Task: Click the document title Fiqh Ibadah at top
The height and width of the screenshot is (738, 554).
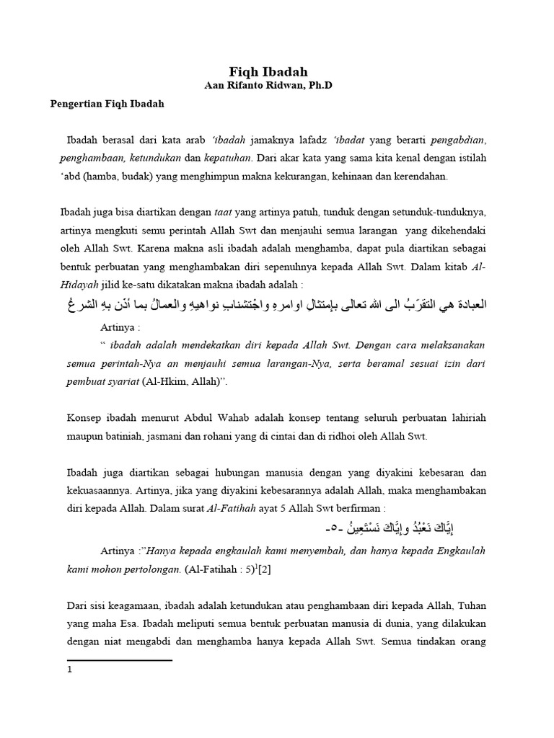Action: coord(268,71)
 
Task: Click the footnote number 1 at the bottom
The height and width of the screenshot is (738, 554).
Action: coord(70,669)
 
